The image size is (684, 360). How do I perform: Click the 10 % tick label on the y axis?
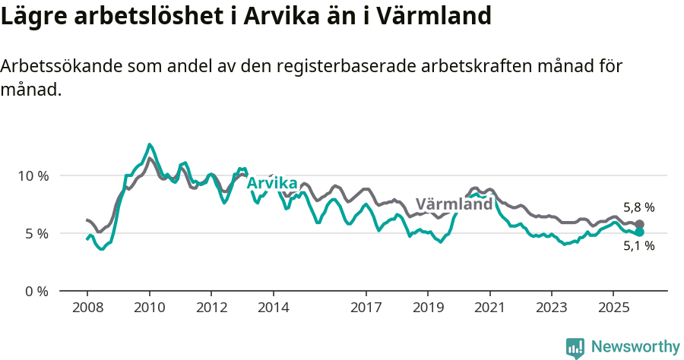[x=33, y=175]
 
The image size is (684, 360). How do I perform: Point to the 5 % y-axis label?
[x=36, y=233]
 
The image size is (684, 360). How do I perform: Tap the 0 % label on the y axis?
[x=36, y=291]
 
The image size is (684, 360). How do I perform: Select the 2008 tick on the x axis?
[x=87, y=308]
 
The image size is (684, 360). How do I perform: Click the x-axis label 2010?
[x=149, y=308]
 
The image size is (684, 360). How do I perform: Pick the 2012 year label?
[x=211, y=308]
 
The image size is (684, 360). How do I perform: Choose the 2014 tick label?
[x=274, y=308]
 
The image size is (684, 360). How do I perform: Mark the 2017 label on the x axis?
[x=366, y=308]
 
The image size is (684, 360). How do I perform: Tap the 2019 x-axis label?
[x=428, y=308]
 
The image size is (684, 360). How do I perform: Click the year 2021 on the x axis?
[x=489, y=308]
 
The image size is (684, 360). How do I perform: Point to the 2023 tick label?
[x=552, y=308]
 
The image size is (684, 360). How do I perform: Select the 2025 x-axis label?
[x=613, y=308]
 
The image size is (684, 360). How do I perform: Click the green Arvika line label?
[x=272, y=182]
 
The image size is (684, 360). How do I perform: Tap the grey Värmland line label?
[x=454, y=205]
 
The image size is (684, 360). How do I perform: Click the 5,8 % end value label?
[x=638, y=207]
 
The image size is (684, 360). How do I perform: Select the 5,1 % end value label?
[x=638, y=246]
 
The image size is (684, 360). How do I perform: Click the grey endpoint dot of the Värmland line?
[x=640, y=225]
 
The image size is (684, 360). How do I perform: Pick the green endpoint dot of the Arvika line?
[x=640, y=232]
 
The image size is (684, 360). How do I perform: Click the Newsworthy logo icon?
[x=575, y=347]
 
